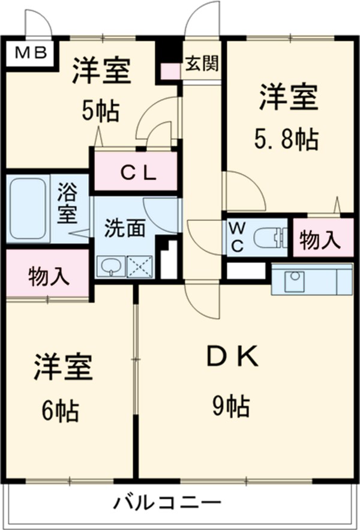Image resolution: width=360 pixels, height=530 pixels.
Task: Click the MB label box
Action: click(x=29, y=53)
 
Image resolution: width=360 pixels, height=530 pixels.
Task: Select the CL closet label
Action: click(x=138, y=173)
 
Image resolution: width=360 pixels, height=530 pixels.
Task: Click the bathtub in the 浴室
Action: click(x=27, y=207)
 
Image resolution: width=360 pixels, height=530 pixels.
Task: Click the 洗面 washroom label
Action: click(x=125, y=228)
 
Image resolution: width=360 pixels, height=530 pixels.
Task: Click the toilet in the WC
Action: click(x=270, y=238)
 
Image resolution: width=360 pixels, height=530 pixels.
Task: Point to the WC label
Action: click(x=236, y=238)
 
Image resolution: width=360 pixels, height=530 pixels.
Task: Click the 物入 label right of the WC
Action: click(x=319, y=241)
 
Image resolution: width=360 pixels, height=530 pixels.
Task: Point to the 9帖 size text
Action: click(x=231, y=408)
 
